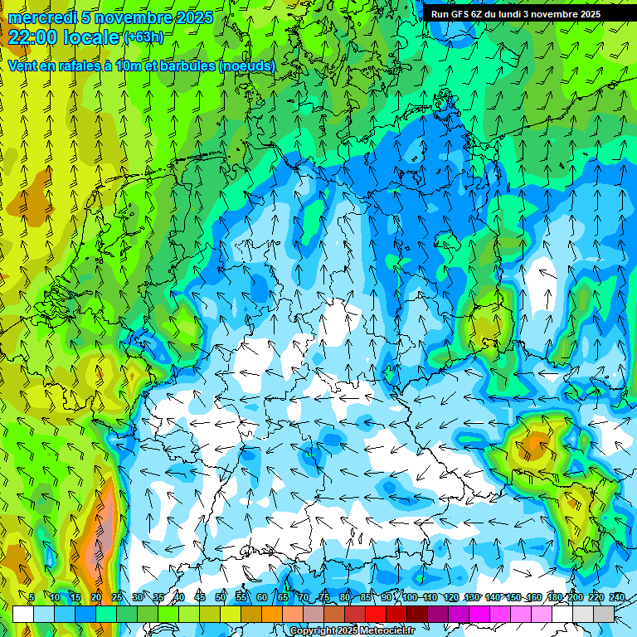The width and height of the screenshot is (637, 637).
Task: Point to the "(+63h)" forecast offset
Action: coord(143,37)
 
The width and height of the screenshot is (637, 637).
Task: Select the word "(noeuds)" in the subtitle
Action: coord(247,66)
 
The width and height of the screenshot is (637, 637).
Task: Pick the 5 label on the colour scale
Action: coord(32,597)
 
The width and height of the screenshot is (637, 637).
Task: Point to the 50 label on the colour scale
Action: coord(221,597)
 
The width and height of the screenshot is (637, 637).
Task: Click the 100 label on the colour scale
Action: coord(410,597)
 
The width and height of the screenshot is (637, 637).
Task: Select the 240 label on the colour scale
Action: coord(617,597)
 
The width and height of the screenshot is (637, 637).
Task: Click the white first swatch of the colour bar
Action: coord(22,614)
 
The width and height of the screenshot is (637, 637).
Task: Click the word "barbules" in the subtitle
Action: coord(180,66)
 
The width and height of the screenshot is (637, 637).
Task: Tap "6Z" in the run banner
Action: coord(479,14)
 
